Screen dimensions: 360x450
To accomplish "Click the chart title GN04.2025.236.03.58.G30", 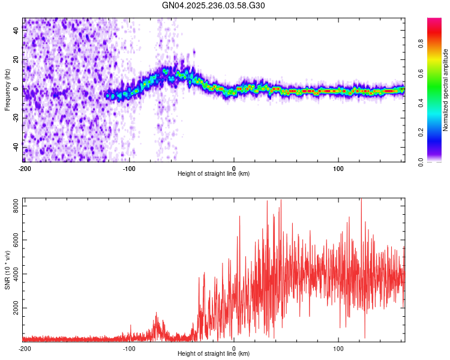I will pos(214,5).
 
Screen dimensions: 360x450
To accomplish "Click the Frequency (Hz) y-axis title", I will pos(7,90).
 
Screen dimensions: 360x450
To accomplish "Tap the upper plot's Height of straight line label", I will pos(214,173).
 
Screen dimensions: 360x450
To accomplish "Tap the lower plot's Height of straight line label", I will pos(214,353).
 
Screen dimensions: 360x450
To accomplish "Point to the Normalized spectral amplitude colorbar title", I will pos(446,90).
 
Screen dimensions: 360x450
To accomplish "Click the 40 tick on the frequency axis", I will pos(16,32).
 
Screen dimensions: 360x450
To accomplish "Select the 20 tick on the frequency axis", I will pos(16,60).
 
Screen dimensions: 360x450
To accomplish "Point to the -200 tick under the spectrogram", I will pos(24,168).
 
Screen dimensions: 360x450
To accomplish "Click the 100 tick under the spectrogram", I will pos(338,168).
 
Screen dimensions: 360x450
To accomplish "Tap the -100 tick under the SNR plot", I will pos(129,348).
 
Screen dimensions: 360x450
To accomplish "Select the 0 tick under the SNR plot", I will pos(234,348).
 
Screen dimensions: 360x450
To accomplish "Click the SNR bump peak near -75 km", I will pos(157,313).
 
